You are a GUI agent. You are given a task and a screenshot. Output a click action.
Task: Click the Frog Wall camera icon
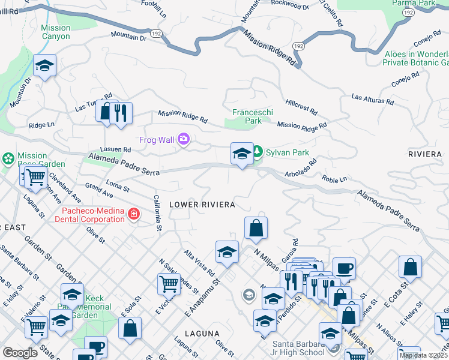click(183, 140)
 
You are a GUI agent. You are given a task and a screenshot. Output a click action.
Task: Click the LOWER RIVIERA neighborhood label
click(202, 205)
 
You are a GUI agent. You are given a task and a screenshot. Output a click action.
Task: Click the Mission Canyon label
click(56, 32)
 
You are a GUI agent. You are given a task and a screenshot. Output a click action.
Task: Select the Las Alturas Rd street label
click(372, 99)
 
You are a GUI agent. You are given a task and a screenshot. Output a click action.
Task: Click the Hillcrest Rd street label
click(301, 107)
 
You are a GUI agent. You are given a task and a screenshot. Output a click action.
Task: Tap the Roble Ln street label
click(334, 179)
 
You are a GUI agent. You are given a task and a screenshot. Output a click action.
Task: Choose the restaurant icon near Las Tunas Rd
click(121, 113)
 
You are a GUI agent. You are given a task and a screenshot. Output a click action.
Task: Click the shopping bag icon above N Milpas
click(256, 228)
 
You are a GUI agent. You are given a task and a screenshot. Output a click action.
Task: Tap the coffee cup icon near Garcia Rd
click(344, 268)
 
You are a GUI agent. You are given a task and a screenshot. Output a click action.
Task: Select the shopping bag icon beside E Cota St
click(410, 267)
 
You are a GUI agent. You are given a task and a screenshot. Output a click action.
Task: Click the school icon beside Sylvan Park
click(242, 153)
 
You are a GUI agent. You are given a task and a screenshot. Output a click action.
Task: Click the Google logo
click(20, 353)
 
